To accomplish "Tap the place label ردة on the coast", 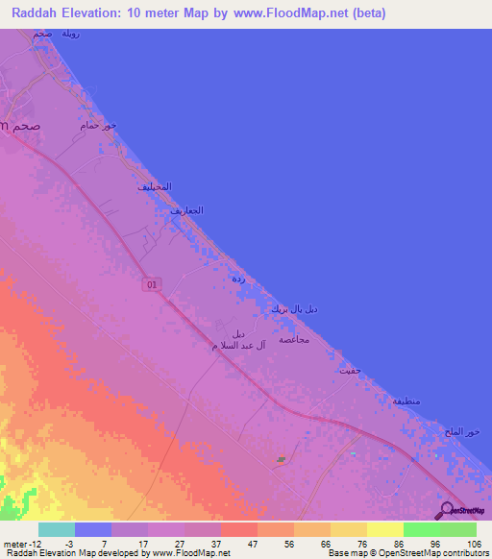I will point(238,279).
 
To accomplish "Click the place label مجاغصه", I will point(292,340).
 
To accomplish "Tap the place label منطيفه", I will point(407,401).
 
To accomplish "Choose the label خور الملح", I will point(465,431).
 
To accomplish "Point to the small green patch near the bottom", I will point(281,459).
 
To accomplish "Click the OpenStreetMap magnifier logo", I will point(445,509).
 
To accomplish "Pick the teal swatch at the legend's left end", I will point(56,529).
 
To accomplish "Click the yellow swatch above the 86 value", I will point(384,529).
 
